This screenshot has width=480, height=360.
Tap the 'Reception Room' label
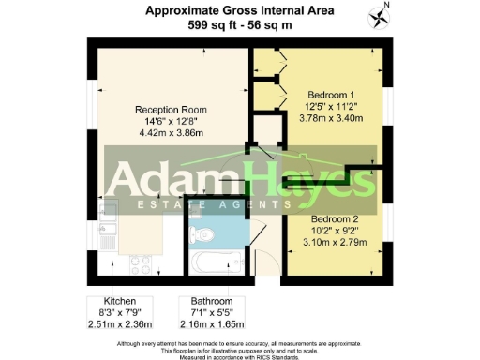pos(170,109)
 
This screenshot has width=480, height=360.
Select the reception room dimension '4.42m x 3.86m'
pos(170,133)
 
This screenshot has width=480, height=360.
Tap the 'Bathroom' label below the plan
pos(203,302)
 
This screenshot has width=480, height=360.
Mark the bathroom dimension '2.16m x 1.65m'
pos(203,326)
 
